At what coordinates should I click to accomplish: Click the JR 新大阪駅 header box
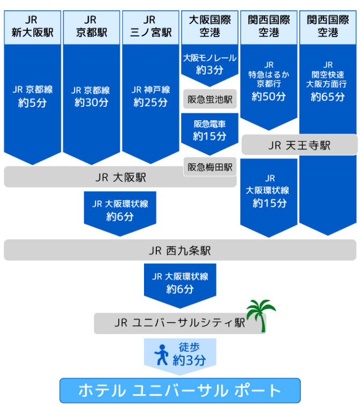pyautogui.click(x=32, y=27)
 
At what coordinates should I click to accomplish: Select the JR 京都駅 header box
pyautogui.click(x=91, y=27)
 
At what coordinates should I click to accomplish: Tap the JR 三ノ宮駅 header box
pyautogui.click(x=150, y=27)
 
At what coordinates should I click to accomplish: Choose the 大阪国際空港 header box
pyautogui.click(x=210, y=27)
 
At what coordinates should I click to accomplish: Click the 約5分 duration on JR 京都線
pyautogui.click(x=32, y=103)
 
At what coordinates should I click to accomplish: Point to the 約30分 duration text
pyautogui.click(x=91, y=103)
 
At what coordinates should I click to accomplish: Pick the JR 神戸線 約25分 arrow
pyautogui.click(x=150, y=97)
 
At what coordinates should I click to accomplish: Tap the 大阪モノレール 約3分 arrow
pyautogui.click(x=210, y=64)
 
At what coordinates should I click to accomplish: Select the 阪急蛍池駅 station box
pyautogui.click(x=210, y=99)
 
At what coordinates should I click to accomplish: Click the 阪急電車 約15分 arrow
pyautogui.click(x=210, y=131)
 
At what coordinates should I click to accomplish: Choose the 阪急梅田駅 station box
pyautogui.click(x=210, y=167)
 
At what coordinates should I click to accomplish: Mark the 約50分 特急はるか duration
pyautogui.click(x=269, y=97)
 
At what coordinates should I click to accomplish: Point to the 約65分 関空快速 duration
pyautogui.click(x=328, y=97)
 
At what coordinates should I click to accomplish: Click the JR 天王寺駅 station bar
pyautogui.click(x=299, y=145)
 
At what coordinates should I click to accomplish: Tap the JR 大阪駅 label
pyautogui.click(x=120, y=177)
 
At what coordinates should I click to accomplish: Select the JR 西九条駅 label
pyautogui.click(x=179, y=250)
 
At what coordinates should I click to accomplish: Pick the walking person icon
pyautogui.click(x=161, y=355)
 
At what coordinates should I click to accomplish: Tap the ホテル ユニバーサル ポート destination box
pyautogui.click(x=179, y=391)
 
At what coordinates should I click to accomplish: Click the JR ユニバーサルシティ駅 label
pyautogui.click(x=179, y=323)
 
